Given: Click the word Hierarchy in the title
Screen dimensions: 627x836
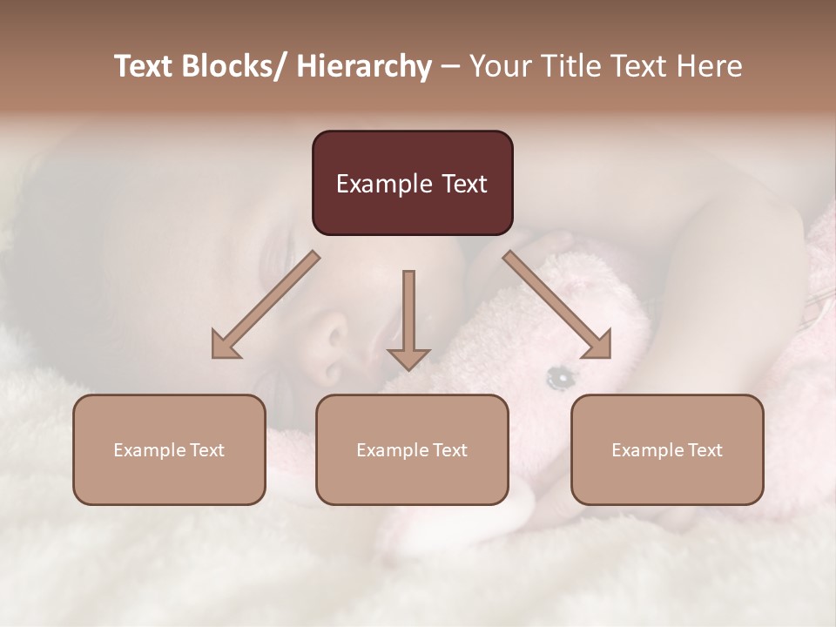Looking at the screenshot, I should [363, 67].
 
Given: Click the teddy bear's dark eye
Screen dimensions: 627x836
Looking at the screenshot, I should [558, 377].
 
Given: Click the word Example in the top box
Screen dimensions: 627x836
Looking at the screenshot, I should [374, 185].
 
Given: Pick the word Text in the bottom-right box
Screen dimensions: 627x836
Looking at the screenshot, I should [705, 450].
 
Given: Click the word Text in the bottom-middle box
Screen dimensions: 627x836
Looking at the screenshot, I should [449, 450].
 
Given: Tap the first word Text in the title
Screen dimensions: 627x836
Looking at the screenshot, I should [142, 67].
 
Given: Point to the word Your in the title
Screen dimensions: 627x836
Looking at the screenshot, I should [500, 67].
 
